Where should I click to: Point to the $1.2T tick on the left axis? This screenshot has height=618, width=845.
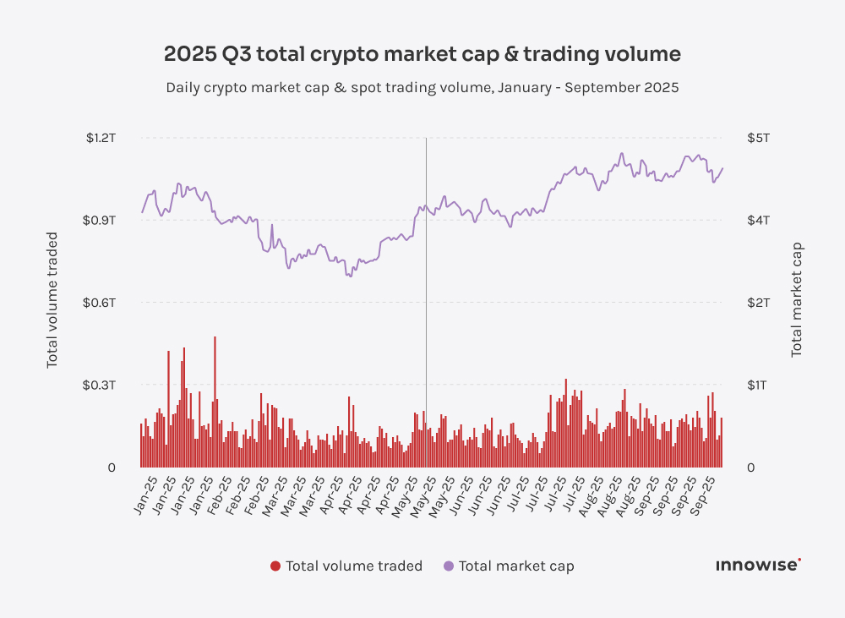click(101, 138)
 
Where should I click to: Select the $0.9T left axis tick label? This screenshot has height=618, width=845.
click(100, 220)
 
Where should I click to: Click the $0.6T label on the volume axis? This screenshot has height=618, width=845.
click(100, 303)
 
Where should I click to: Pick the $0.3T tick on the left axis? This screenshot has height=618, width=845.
click(100, 385)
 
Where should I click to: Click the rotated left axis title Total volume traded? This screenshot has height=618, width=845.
click(52, 300)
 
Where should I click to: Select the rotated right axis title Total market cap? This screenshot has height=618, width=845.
click(796, 300)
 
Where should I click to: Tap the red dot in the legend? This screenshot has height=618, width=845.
click(275, 566)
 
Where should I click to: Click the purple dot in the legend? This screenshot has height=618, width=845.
click(448, 566)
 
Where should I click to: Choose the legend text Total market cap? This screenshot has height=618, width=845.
click(515, 566)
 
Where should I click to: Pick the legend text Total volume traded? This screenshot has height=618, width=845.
click(353, 566)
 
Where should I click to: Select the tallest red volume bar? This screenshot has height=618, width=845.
click(215, 402)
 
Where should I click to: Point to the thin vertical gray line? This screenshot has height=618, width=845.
click(426, 296)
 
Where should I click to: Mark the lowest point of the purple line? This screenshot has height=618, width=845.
click(350, 276)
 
